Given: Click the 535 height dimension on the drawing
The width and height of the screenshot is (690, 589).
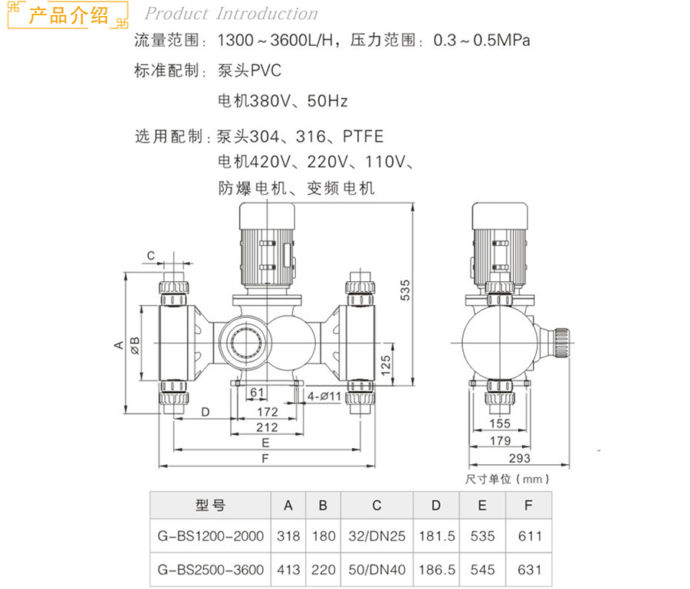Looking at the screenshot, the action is (x=405, y=290).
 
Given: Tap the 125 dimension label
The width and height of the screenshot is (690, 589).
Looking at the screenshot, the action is (x=386, y=365).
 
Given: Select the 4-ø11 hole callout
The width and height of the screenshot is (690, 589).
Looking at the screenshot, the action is (x=324, y=397).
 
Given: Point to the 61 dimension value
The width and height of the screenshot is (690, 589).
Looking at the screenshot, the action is (x=257, y=392).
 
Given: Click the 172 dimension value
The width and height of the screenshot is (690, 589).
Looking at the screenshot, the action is (x=268, y=412).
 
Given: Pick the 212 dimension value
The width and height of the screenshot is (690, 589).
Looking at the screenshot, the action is (x=267, y=427).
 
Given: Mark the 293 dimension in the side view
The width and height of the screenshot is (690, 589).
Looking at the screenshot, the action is (x=520, y=459).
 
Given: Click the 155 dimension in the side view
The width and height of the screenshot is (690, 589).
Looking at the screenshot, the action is (x=500, y=424).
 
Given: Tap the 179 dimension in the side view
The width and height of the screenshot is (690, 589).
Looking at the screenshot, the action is (x=501, y=440).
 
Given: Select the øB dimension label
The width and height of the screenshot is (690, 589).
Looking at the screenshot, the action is (x=135, y=346).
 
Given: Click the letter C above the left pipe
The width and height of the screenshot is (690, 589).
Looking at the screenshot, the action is (x=151, y=256).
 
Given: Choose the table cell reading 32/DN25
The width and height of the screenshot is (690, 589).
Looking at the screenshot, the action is (x=377, y=536).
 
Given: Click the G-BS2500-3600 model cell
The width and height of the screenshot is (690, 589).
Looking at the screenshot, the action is (x=211, y=570).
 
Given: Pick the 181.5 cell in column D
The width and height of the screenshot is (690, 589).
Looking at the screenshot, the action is (x=437, y=536).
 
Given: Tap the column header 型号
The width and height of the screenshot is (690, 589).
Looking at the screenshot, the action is (x=210, y=506).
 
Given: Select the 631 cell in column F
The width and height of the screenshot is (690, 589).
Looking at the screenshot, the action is (x=530, y=570).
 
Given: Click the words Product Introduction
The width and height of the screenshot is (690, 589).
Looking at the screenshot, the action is (x=231, y=14).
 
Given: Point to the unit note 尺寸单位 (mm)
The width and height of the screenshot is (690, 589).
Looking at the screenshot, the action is (x=508, y=479).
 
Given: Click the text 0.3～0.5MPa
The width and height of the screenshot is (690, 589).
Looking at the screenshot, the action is (x=482, y=41).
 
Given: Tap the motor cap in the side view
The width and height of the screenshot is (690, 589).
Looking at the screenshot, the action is (x=500, y=216).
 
